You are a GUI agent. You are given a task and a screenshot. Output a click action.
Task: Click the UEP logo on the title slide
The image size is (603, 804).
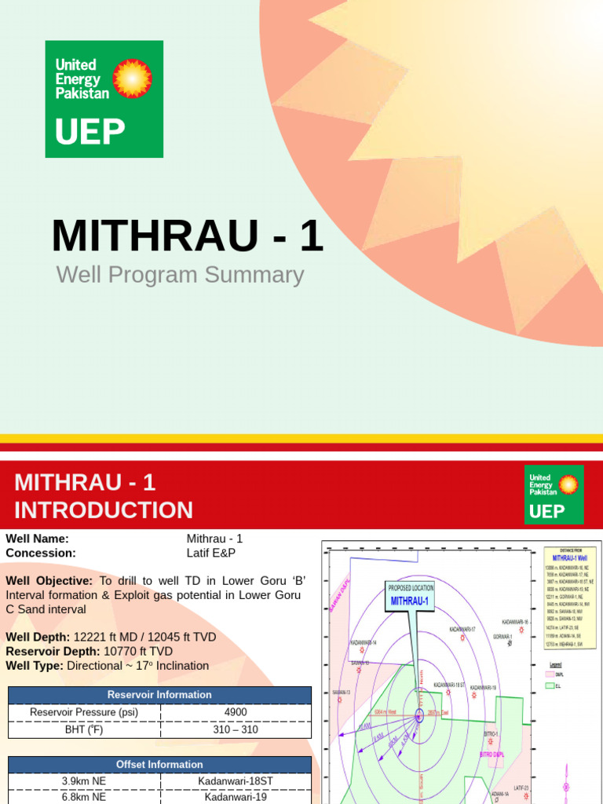click(104, 99)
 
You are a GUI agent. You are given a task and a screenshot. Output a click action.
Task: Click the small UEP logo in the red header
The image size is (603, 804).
click(554, 494)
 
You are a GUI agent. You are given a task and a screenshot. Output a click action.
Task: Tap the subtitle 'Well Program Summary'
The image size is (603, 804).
click(180, 275)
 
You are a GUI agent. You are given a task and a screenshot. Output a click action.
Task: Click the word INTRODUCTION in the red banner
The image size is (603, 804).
click(104, 510)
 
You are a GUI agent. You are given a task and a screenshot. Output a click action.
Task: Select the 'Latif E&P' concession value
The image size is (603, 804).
click(210, 553)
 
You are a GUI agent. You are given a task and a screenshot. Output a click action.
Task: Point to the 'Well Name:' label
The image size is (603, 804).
click(38, 539)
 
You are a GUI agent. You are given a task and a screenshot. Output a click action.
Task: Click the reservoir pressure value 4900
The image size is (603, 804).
click(236, 712)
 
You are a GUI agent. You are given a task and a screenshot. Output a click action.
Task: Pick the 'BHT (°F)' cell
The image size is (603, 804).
click(84, 729)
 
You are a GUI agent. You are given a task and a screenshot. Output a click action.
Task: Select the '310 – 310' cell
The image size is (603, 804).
click(236, 729)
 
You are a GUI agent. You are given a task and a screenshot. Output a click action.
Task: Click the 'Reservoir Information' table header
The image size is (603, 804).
click(159, 695)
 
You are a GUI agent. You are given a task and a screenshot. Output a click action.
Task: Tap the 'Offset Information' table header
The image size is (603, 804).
click(159, 764)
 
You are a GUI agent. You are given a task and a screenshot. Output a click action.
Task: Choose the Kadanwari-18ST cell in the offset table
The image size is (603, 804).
click(236, 781)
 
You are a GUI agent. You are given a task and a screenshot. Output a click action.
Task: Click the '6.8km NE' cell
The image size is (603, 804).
click(84, 797)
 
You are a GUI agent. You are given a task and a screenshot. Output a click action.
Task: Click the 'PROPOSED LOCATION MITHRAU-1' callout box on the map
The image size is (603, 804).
click(411, 596)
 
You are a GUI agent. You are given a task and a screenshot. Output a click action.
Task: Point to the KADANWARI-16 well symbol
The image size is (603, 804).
click(528, 630)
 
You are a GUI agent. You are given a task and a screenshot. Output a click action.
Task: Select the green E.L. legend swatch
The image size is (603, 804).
click(550, 685)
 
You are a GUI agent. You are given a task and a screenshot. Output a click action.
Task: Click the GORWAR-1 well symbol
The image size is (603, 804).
click(511, 644)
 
